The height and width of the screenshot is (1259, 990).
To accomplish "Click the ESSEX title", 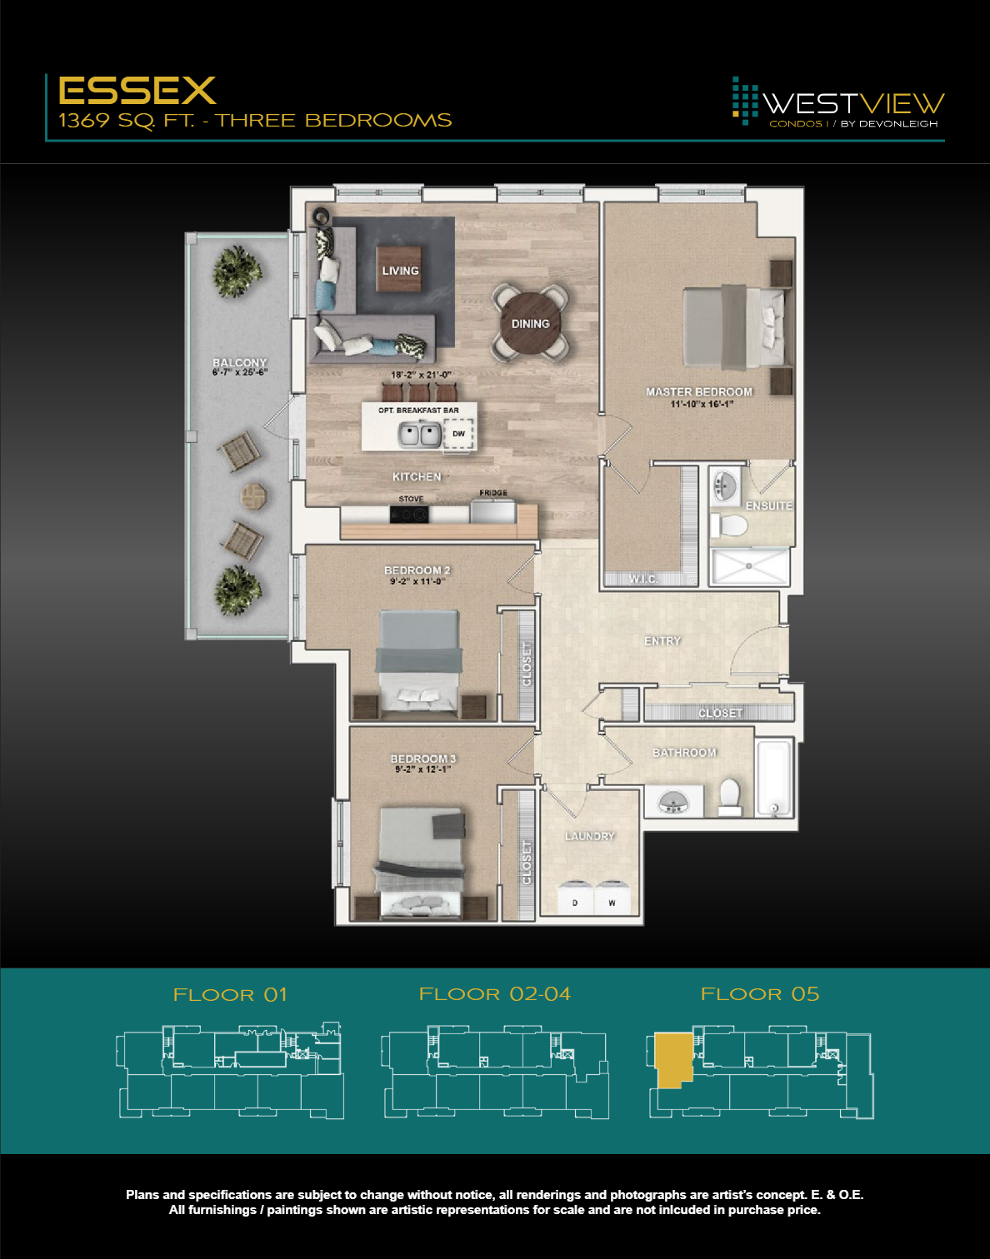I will [x=137, y=90].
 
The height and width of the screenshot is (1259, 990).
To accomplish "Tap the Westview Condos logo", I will [x=837, y=103].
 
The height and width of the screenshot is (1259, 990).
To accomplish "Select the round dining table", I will [x=530, y=323].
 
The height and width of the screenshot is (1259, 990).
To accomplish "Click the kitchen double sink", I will [x=419, y=434].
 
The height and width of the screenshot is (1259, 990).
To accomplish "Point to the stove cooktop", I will [x=409, y=515].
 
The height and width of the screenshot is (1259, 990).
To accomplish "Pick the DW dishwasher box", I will [x=458, y=434].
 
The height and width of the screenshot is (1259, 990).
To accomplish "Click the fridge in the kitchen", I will [x=493, y=510].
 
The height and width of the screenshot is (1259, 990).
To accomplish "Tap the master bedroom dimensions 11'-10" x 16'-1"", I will [x=702, y=405].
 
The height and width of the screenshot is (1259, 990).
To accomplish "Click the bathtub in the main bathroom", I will [x=773, y=778].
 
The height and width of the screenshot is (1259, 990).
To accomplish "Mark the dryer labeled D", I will [x=574, y=898].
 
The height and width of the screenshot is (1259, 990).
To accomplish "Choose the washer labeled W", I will [x=612, y=898].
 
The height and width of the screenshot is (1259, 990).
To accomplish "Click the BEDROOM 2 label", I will [x=417, y=570].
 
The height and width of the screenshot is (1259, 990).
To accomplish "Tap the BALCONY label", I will [x=239, y=362].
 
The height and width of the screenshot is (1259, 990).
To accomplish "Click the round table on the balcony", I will [x=253, y=496].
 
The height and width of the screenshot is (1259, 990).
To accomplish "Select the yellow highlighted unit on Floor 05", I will [x=673, y=1057].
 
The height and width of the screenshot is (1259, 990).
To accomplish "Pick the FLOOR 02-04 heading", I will [x=495, y=994].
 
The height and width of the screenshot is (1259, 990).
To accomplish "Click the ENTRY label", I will [x=662, y=641].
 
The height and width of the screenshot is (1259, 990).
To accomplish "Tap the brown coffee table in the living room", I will [x=399, y=268].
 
